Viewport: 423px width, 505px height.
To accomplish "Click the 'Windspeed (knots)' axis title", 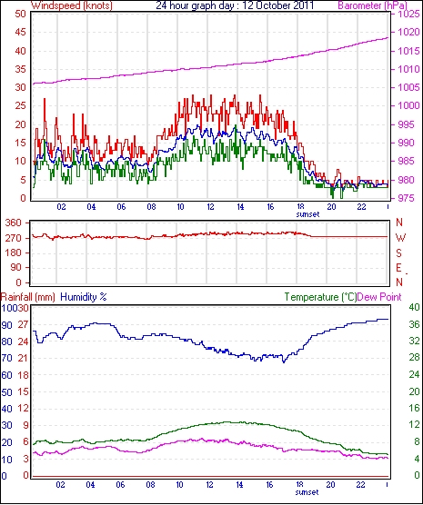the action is [72, 5].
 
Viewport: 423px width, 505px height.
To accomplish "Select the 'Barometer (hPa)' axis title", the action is [373, 5].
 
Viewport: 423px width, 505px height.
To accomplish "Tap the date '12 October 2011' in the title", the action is [277, 5].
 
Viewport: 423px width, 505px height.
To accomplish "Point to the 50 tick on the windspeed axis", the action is [20, 14].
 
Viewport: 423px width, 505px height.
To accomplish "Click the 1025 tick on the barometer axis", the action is [408, 14].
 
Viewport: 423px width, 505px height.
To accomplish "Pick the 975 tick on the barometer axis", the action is [405, 198].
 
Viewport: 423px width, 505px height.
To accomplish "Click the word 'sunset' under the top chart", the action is [307, 214].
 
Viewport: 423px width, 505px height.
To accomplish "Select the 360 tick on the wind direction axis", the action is [14, 223].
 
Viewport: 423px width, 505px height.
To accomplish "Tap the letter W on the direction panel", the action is [400, 238].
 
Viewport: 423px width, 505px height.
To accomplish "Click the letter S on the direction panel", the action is [398, 253].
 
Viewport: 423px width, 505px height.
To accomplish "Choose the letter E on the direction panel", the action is [398, 268].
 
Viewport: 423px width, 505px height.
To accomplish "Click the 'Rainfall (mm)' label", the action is [28, 297].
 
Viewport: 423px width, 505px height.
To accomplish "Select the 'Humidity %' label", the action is [84, 297].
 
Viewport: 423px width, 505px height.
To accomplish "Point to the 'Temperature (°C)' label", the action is [320, 297].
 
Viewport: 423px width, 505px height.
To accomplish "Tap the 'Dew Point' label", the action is [379, 297].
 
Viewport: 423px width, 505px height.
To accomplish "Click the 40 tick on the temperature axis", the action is [414, 307].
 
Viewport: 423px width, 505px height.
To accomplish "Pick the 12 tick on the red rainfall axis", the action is [24, 409].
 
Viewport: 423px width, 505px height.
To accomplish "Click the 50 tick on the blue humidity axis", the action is [6, 392].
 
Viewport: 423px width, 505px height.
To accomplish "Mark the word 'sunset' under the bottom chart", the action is [307, 492].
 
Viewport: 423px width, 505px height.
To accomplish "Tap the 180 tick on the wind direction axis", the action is [14, 252].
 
